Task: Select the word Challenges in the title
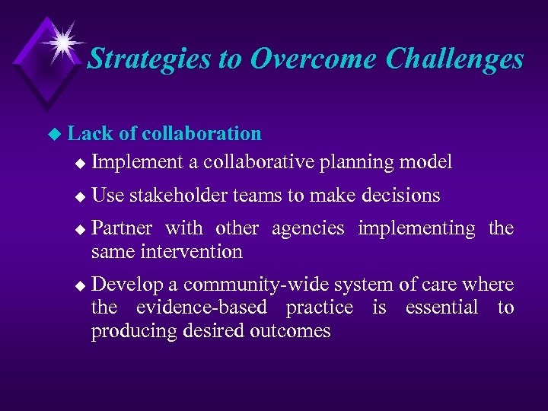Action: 454,59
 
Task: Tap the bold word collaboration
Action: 201,134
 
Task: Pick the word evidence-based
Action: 201,307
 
